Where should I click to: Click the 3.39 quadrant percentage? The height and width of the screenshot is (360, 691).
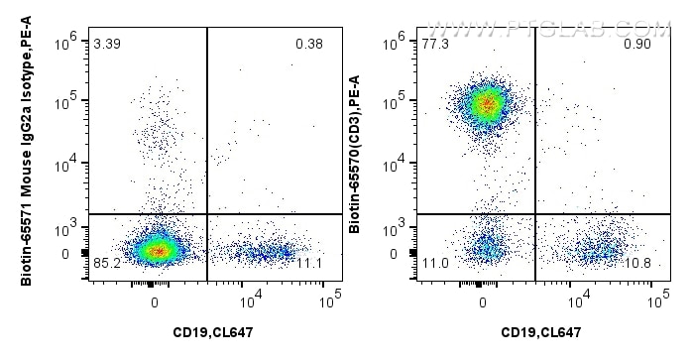(107, 45)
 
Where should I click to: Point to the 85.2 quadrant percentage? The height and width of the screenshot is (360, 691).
(107, 264)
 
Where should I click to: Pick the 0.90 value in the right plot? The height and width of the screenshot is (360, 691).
(635, 45)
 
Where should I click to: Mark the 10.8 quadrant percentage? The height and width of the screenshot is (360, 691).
(635, 264)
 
